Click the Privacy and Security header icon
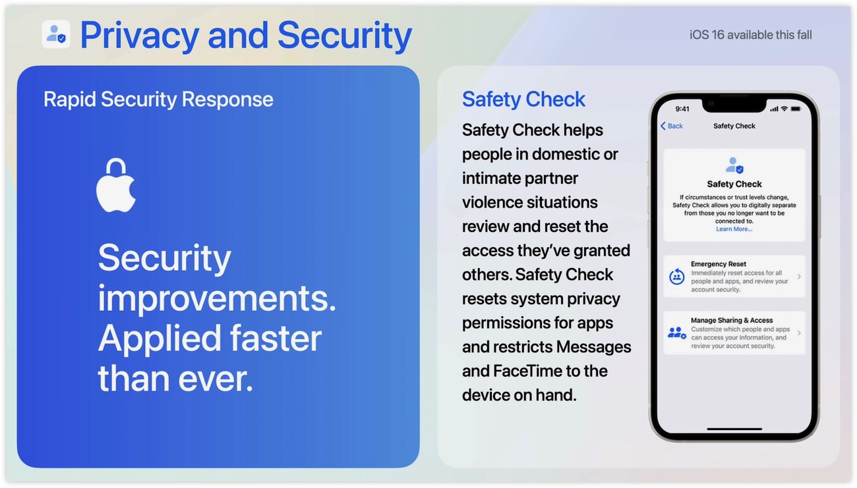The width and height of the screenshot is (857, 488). click(56, 34)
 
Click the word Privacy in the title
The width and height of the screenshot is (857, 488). click(139, 36)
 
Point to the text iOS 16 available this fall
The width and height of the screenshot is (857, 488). click(750, 35)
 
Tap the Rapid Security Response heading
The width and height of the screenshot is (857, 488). click(158, 99)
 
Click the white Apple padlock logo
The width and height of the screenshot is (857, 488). click(116, 185)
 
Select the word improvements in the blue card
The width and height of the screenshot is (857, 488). click(217, 299)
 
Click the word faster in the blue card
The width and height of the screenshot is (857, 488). click(276, 339)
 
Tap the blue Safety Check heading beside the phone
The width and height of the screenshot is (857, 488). click(523, 99)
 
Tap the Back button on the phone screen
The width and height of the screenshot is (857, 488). click(672, 126)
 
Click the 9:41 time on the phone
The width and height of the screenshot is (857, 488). click(682, 109)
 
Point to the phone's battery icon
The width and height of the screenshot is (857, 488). click(796, 109)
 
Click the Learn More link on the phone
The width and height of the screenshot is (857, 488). click(734, 229)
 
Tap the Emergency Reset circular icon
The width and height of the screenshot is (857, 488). click(677, 277)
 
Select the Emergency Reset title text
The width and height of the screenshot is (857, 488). click(718, 264)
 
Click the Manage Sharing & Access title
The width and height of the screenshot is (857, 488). click(732, 320)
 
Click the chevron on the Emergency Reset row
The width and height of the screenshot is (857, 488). click(799, 277)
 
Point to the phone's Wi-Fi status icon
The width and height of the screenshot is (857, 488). click(784, 109)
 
